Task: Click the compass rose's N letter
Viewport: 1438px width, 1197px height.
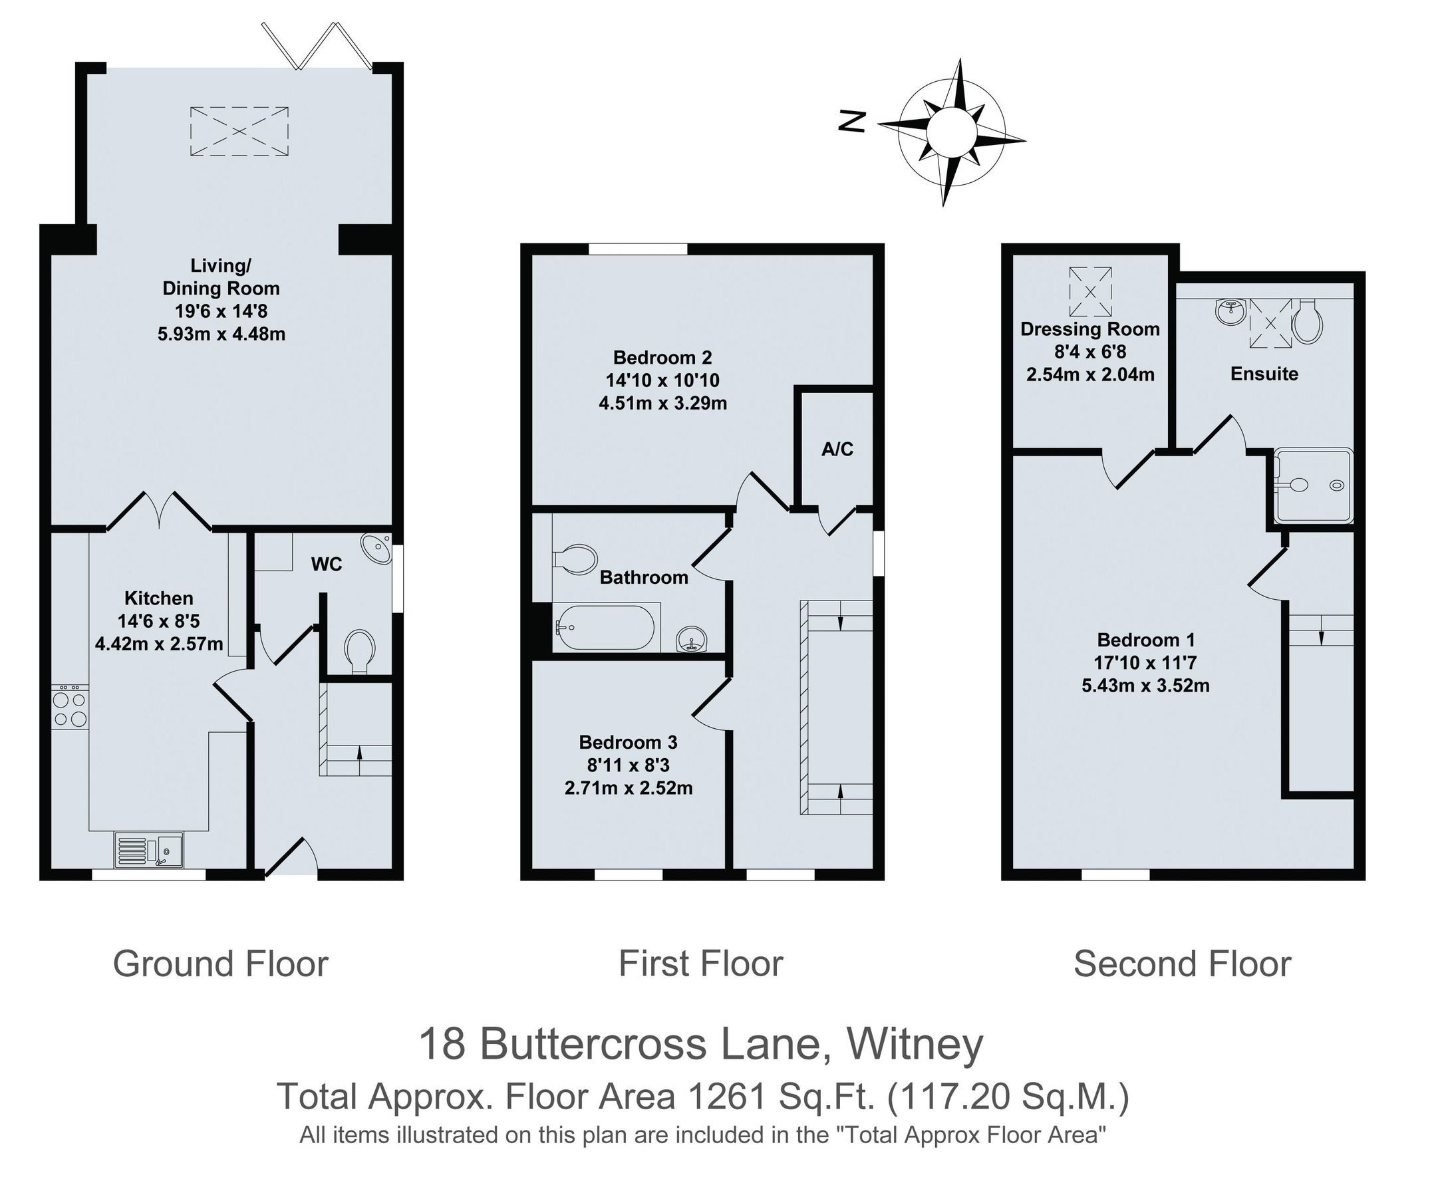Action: [853, 122]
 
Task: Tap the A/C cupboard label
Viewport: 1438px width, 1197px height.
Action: [837, 450]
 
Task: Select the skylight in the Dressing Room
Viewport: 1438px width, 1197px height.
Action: [1091, 291]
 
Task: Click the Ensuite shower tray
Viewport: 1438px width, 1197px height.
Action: [1314, 485]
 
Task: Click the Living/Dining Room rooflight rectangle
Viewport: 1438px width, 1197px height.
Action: [239, 131]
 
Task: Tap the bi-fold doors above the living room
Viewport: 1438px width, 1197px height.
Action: [317, 46]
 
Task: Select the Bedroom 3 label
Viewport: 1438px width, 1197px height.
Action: [628, 741]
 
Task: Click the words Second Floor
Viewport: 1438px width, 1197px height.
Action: [1182, 964]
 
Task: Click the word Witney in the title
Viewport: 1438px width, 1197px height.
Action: [915, 1044]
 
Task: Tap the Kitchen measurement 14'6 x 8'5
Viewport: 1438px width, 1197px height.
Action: [158, 620]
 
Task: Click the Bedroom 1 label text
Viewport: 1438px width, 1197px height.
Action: [1145, 640]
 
